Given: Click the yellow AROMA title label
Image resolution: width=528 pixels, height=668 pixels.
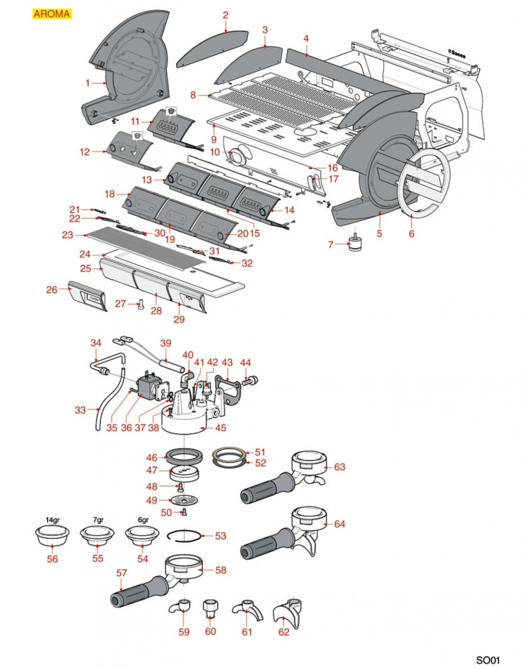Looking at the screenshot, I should coord(51,14).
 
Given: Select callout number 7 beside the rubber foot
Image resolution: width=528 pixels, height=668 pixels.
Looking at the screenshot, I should coord(330,245).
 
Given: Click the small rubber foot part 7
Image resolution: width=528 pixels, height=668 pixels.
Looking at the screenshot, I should coord(356,244).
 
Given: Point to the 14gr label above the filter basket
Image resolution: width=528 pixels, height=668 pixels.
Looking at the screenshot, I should coord(51,520).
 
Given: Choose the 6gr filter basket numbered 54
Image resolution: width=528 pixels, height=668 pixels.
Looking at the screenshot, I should coord(143,537).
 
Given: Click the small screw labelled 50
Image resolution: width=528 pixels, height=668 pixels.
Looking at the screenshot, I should coord(183,512).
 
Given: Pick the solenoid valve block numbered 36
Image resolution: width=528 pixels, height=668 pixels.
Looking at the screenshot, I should coord(150,388).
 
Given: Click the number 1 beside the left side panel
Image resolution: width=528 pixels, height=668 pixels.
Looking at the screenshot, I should coord(87,83).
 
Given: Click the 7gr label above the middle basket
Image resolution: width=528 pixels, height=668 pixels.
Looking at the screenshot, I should coord(98,520).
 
